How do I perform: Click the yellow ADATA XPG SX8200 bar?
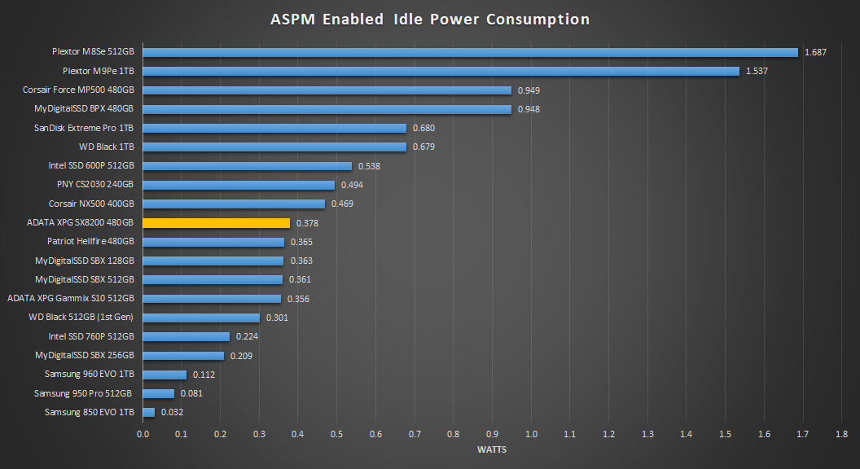217,222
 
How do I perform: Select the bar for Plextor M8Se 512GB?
470,52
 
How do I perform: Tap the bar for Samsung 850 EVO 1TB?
149,412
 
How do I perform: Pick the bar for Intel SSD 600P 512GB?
248,166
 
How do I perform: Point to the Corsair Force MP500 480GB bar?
327,90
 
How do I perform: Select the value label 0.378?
307,223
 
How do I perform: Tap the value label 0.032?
172,413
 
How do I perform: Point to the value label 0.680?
423,128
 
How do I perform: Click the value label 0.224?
247,336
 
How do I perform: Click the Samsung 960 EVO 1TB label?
90,375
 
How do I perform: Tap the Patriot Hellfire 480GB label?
90,242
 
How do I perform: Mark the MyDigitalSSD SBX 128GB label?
85,261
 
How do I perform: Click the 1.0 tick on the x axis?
531,434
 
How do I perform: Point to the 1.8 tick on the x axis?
841,434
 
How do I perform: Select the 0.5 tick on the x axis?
337,434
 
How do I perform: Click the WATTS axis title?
492,449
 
